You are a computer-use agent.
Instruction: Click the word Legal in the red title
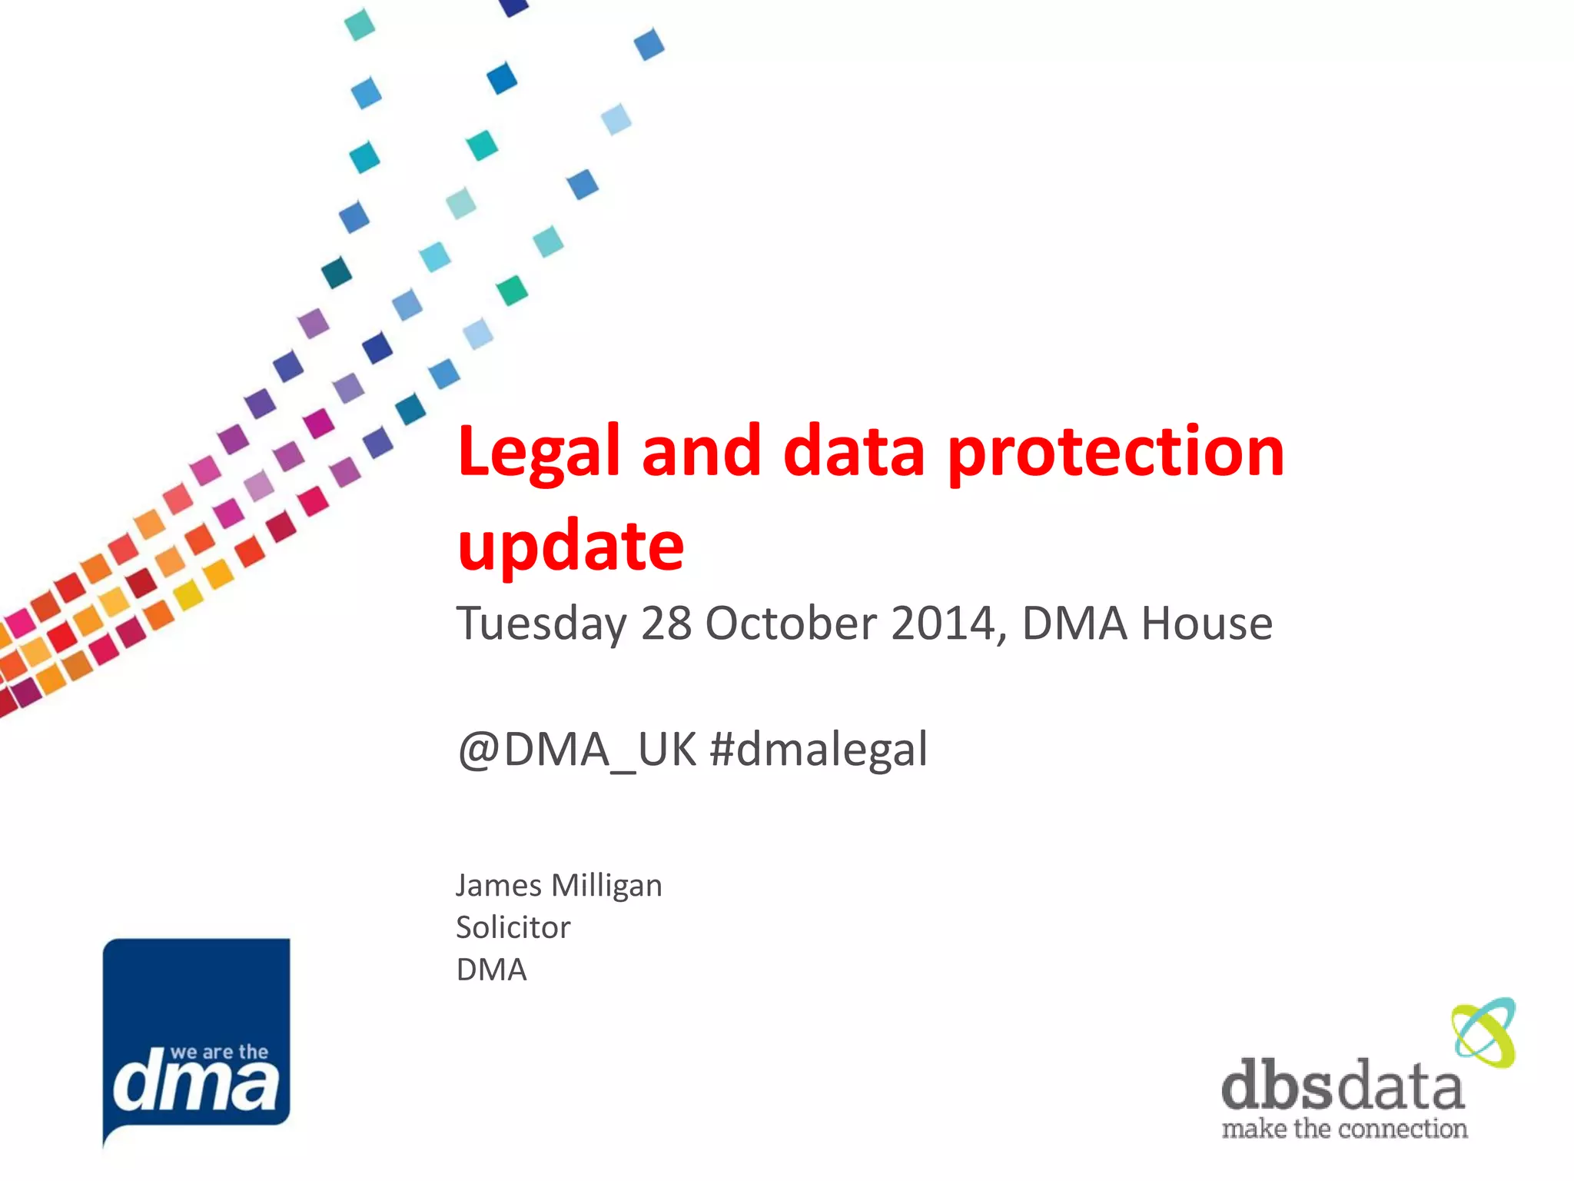pos(538,452)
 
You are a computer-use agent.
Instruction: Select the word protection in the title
pos(1115,452)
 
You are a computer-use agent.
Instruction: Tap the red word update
pos(570,546)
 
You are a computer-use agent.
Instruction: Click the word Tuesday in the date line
pos(541,623)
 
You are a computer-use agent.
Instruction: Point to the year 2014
pos(948,623)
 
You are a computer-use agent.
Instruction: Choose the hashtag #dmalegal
pos(819,750)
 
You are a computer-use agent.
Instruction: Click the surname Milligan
pos(606,886)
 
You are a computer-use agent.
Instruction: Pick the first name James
pos(499,886)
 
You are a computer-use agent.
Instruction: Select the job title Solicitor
pos(513,927)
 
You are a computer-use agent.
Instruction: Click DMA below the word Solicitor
pos(491,970)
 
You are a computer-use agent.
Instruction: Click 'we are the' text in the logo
pos(219,1052)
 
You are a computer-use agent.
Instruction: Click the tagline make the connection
pos(1344,1129)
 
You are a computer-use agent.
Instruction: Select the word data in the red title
pos(854,452)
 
